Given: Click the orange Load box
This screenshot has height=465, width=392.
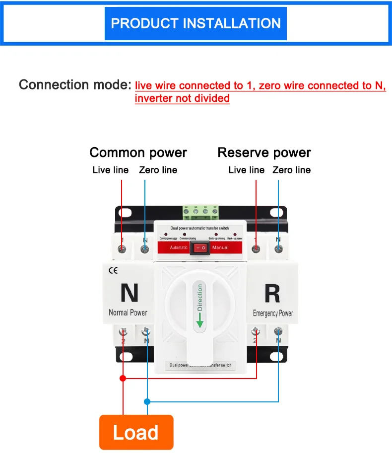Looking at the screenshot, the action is pos(136,432).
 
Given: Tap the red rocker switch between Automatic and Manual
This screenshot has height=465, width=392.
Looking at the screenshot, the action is pos(200,247).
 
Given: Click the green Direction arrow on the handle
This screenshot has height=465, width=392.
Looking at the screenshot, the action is pos(200,322).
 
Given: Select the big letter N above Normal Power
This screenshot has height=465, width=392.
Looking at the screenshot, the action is pos(129,293).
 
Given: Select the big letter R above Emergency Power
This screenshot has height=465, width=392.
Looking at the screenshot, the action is pos(272,293).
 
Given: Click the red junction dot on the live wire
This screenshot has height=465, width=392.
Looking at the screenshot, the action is pos(123,378).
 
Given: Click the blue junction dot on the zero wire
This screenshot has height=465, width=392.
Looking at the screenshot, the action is pos(147,401).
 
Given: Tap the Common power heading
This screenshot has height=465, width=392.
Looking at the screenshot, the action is pos(138,153).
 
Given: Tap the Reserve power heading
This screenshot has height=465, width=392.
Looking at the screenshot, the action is pos(264,153).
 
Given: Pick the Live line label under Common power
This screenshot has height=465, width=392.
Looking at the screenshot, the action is pos(110,170).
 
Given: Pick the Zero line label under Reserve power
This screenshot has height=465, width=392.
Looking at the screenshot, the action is pos(291,170).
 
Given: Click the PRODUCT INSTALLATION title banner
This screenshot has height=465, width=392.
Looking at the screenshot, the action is pos(196,23).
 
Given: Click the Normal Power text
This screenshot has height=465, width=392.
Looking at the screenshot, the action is pos(128,312).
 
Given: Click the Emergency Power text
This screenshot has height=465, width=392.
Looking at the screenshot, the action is pos(272,313).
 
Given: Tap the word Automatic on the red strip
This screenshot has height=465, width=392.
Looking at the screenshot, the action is pos(179,247).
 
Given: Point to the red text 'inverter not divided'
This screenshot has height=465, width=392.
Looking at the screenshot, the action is pos(182,98).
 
